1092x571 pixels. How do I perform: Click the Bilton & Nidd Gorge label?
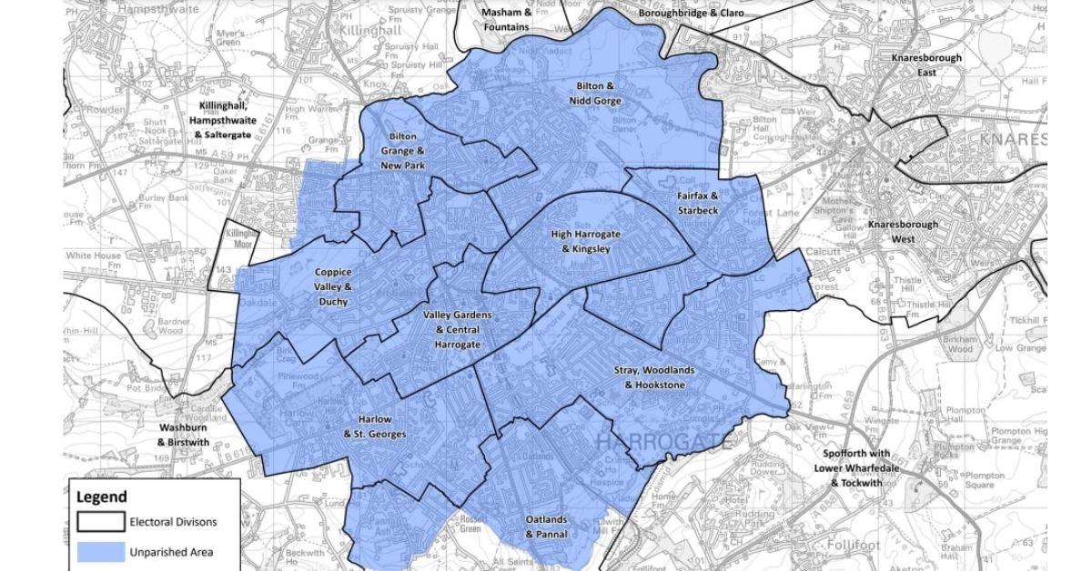[595, 93]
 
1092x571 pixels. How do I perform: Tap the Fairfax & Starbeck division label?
[697, 203]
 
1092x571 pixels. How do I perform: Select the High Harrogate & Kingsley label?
[586, 241]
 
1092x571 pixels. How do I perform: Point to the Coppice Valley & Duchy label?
[333, 286]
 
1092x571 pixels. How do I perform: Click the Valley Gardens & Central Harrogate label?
[458, 330]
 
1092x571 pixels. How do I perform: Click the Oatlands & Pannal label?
[547, 526]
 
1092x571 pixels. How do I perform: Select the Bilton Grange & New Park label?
[403, 151]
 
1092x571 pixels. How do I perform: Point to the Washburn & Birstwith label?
[184, 435]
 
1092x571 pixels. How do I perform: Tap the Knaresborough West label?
[903, 231]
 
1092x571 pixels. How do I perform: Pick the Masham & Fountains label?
[507, 20]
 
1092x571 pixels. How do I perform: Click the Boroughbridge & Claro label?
[691, 13]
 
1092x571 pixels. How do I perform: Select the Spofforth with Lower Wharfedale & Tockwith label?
[856, 468]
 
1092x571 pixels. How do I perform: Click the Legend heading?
[101, 497]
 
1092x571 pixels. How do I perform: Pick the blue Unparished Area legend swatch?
[100, 551]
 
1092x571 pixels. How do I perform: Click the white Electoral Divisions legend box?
[100, 522]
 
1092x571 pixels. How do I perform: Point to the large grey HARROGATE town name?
[664, 443]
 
